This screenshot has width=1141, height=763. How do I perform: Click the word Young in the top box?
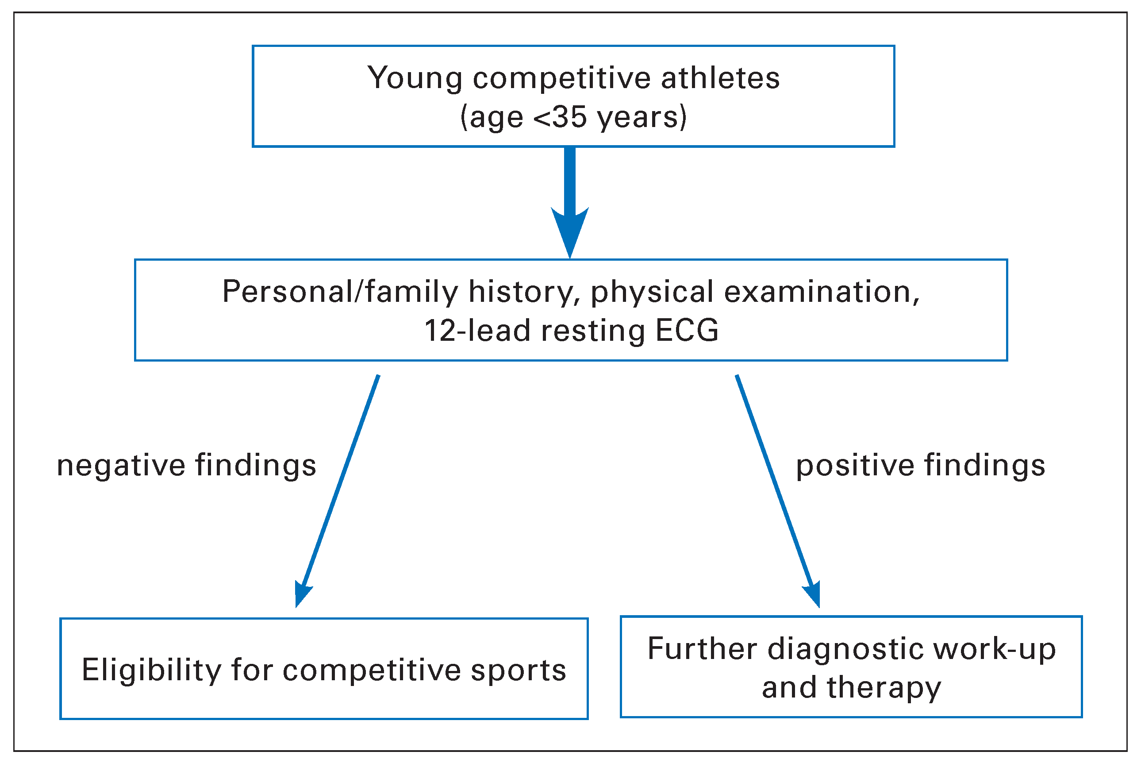point(414,78)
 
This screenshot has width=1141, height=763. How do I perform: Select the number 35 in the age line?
point(569,117)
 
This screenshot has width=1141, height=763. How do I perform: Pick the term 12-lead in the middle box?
point(476,331)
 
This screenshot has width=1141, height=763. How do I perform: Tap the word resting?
point(593,331)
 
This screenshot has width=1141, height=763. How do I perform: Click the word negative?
point(121,466)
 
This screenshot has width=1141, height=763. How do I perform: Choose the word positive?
point(855,466)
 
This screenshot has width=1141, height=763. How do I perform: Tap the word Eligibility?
point(151,670)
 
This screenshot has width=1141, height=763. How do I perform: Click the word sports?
point(519,670)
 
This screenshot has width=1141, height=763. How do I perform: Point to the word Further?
point(702,649)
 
